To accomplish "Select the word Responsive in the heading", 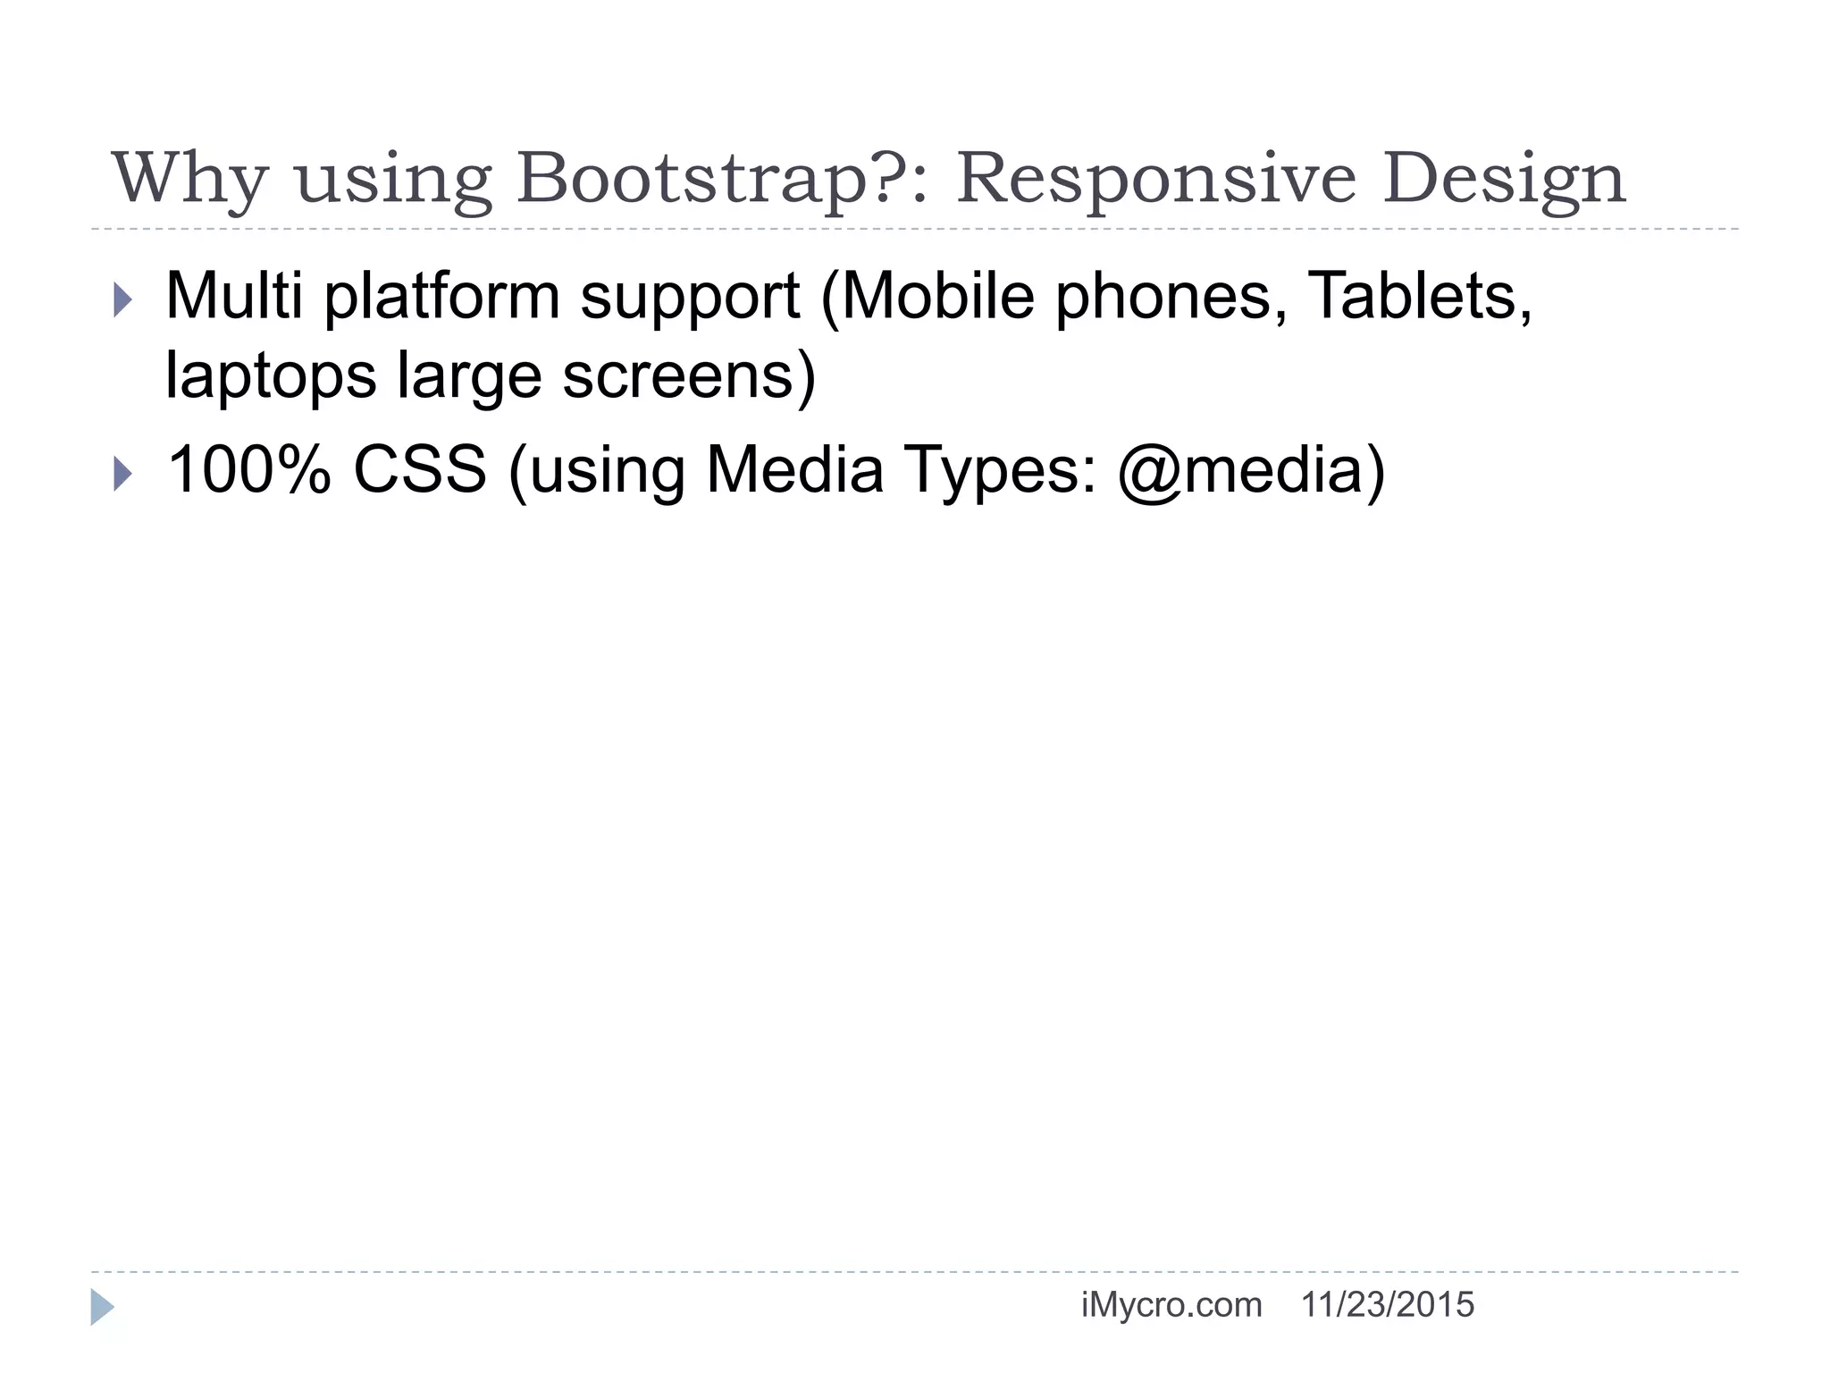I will pos(1157,179).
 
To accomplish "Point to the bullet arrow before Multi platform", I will pos(122,300).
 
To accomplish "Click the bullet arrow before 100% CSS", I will pos(122,474).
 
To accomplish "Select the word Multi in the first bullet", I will pos(234,295).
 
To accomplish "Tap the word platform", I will pos(441,297).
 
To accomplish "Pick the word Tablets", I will pos(1419,295).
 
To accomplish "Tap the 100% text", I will pos(249,470).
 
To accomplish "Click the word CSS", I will pos(420,470).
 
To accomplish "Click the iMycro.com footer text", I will pos(1171,1306).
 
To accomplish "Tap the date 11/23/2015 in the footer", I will pos(1387,1306).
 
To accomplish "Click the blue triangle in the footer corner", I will pos(101,1307).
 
